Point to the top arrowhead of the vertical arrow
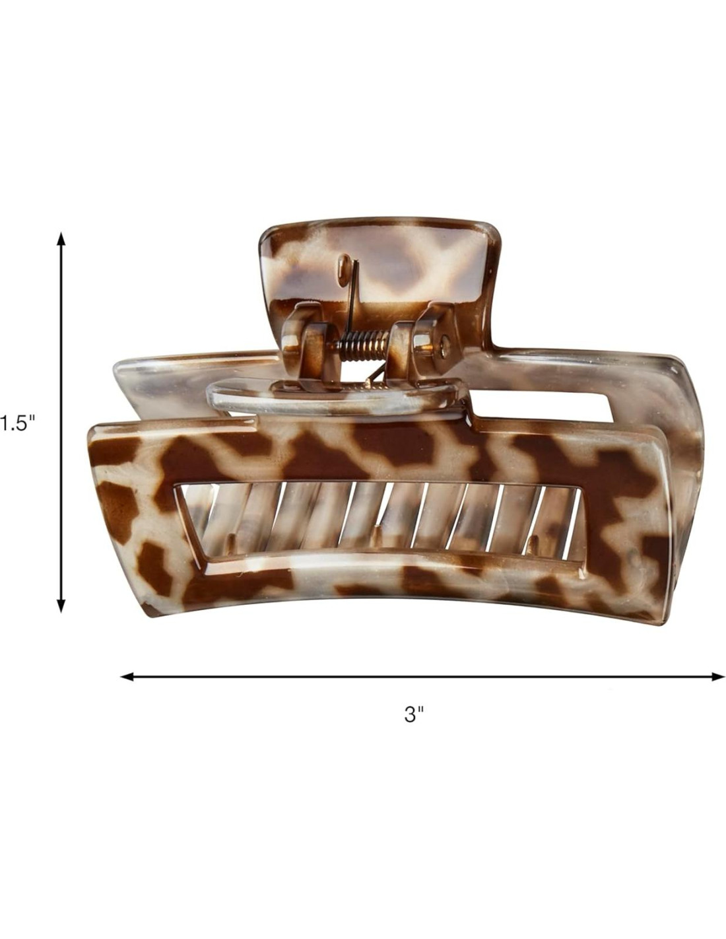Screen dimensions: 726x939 [x=61, y=239]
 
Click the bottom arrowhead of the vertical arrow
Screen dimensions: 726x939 [x=61, y=604]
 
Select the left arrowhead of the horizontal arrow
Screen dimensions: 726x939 [x=128, y=676]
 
